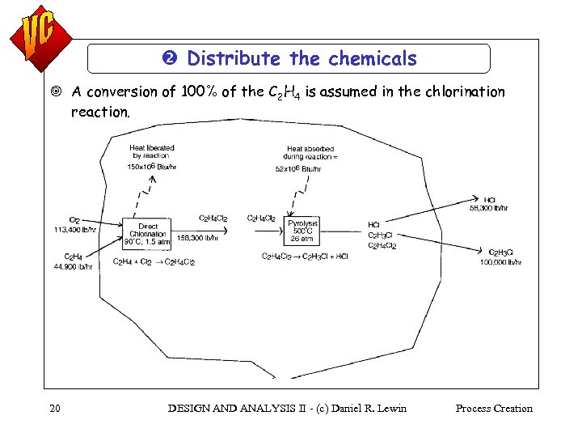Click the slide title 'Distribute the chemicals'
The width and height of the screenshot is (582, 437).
coord(302,58)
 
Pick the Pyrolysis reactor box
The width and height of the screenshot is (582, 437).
coord(303,230)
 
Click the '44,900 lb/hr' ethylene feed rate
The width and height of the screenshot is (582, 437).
coord(73,265)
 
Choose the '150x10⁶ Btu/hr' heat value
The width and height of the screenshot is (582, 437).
coord(152,167)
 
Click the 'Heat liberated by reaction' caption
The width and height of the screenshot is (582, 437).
coord(152,151)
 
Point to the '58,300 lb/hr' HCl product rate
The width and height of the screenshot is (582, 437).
coord(489,208)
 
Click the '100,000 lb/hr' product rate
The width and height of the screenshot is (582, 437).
coord(501,261)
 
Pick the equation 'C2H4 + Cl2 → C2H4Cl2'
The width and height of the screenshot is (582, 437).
coord(154,262)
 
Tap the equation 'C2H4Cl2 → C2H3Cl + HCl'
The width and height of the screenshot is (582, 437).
coord(305,257)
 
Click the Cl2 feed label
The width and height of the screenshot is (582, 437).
coord(74,220)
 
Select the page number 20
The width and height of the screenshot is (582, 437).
coord(54,409)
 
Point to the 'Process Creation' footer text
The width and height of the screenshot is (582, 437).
coord(494,409)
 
